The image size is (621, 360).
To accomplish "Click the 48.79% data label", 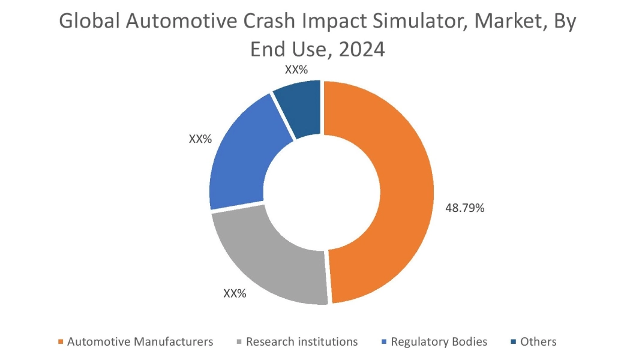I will [x=464, y=208].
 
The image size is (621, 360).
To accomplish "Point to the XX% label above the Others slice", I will [x=296, y=70].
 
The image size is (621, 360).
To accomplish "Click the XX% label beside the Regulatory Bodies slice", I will [x=200, y=139].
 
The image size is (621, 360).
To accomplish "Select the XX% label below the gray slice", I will [x=235, y=293].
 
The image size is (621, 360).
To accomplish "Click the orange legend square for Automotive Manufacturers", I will [x=61, y=342].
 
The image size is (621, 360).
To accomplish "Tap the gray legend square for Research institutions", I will [x=239, y=342].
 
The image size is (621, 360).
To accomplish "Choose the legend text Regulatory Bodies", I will [x=439, y=342].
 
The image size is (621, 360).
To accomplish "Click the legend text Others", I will [x=538, y=342].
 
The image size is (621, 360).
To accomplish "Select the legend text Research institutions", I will [x=302, y=342].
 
